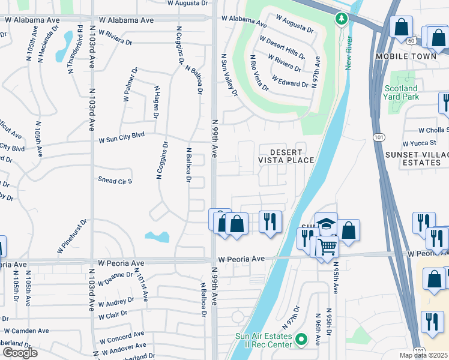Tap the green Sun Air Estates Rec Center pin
tap(301, 340)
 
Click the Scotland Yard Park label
tap(401, 92)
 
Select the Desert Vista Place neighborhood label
tap(286, 156)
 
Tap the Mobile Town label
tap(404, 56)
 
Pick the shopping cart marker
tap(327, 246)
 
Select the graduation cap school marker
tap(326, 224)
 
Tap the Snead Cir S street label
tap(115, 180)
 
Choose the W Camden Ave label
tap(26, 331)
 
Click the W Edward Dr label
tap(289, 81)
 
